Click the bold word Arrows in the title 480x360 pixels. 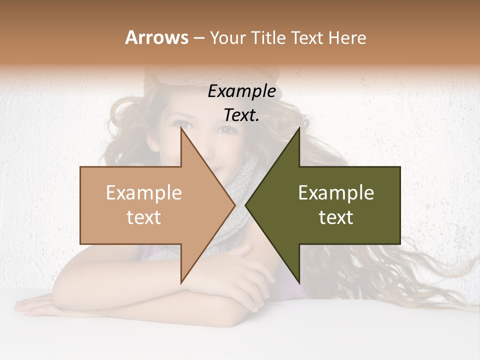[156, 37]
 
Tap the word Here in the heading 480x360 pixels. [347, 37]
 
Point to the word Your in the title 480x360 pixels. [227, 37]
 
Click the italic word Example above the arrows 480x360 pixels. [241, 91]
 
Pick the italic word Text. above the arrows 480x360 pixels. [241, 115]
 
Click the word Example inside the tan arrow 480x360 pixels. [144, 192]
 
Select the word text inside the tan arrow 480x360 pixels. [144, 217]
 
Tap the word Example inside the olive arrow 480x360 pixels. [336, 192]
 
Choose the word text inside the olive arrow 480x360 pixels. [336, 217]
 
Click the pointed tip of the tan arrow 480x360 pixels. [234, 205]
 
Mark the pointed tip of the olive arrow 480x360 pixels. [245, 205]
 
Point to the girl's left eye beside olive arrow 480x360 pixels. [227, 129]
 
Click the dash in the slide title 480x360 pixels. [198, 38]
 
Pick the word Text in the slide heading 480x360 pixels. [309, 37]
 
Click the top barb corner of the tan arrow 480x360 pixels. [181, 128]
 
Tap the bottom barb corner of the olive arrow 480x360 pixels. [299, 283]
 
